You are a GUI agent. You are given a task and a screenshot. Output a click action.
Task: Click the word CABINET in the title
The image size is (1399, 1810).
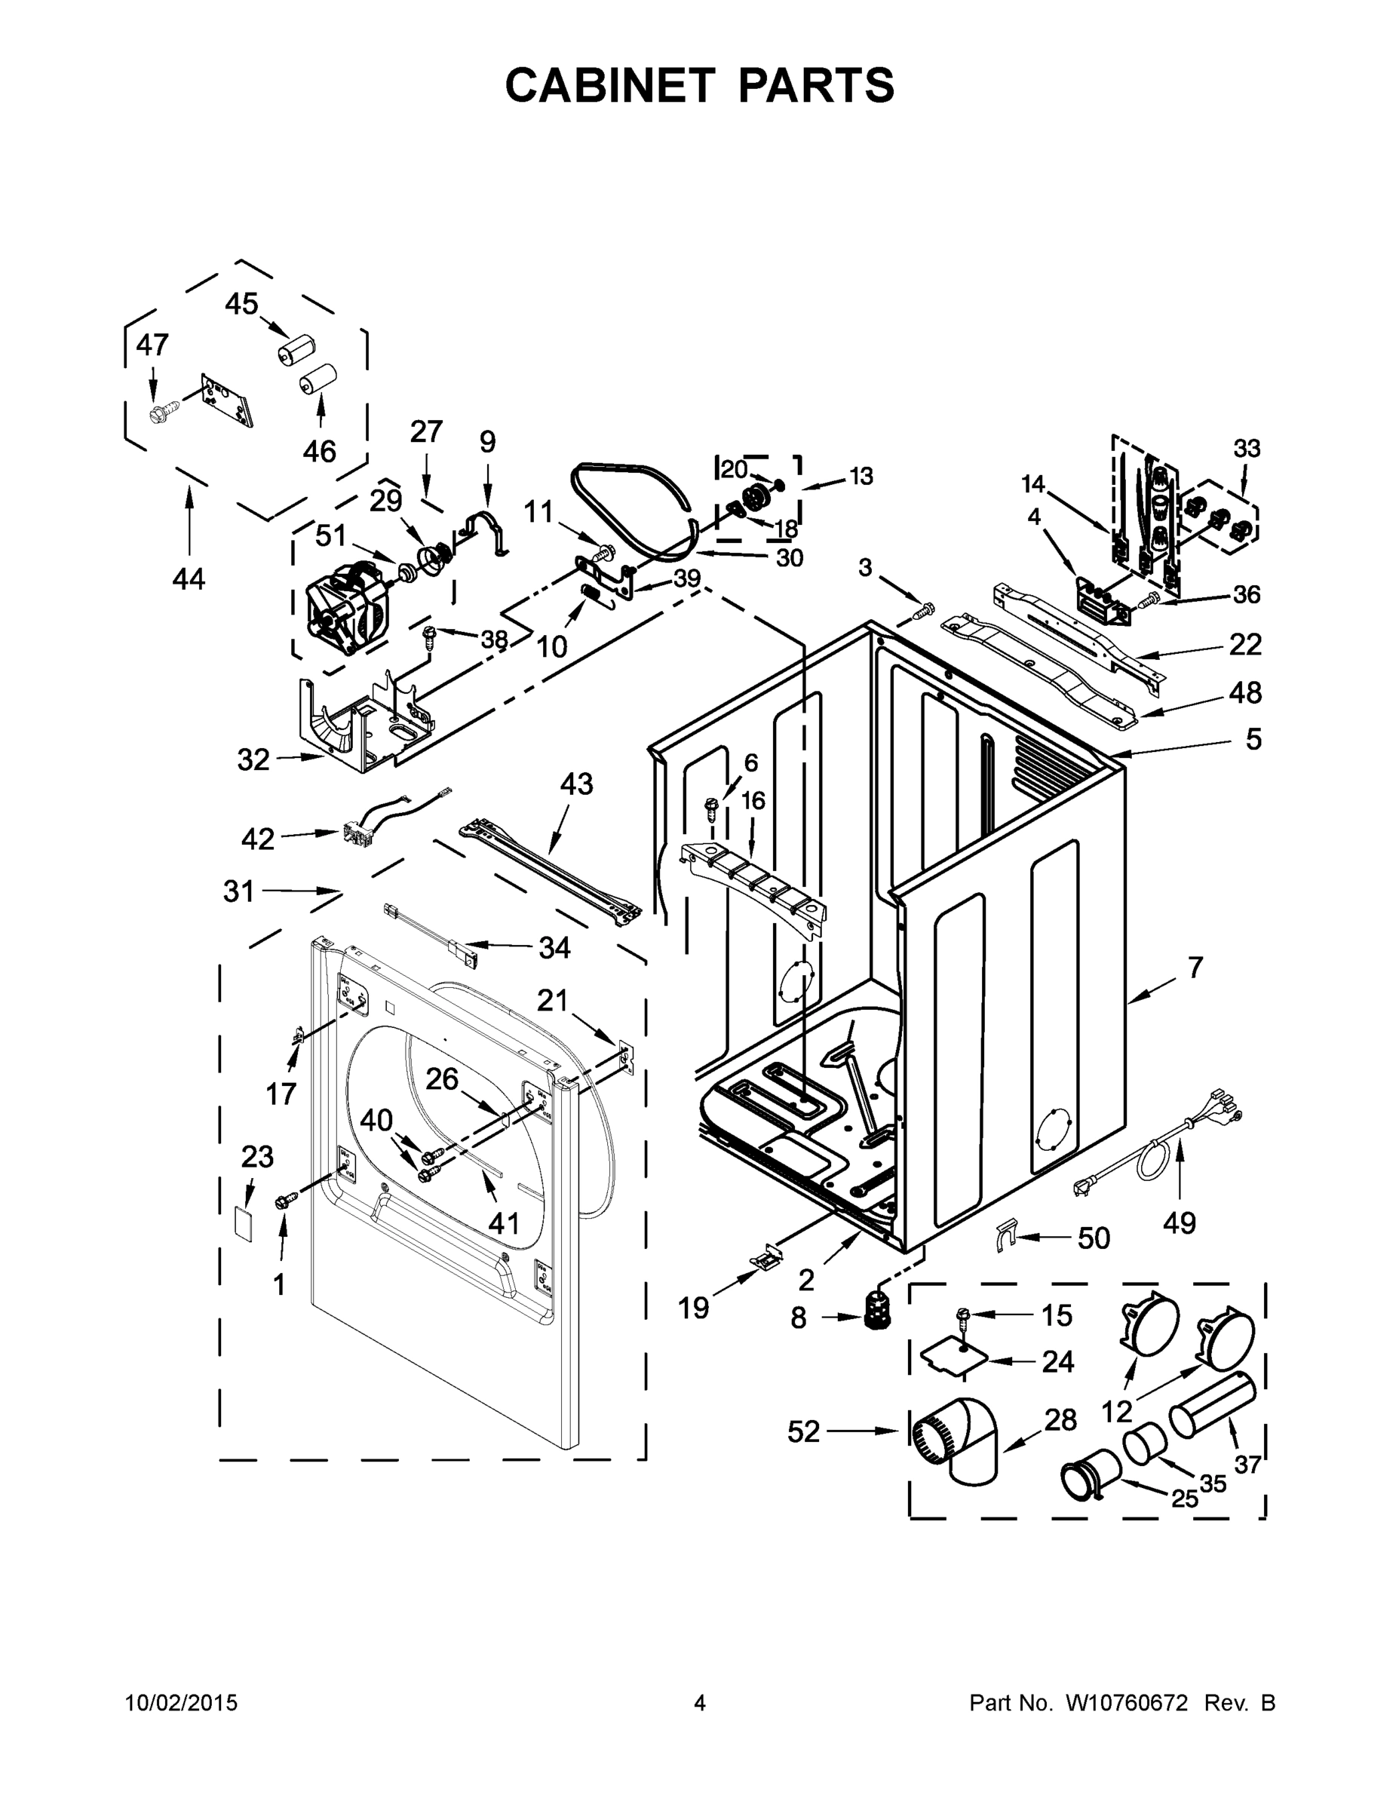point(609,84)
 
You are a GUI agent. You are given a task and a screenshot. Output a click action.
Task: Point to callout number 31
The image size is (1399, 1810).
point(238,891)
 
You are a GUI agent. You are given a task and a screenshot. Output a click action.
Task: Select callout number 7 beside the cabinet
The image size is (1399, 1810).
point(1195,967)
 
